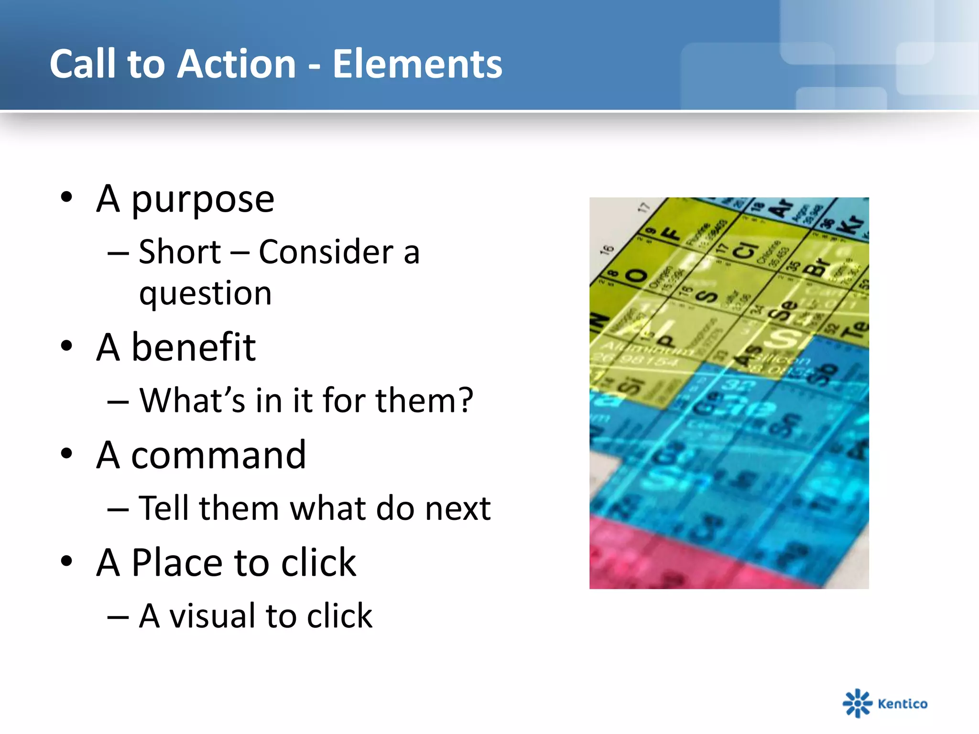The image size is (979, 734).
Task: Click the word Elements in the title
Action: (417, 64)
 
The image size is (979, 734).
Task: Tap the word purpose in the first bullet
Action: (203, 200)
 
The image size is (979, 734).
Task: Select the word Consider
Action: (326, 252)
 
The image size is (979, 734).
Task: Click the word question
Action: (205, 293)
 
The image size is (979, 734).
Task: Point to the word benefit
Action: (193, 347)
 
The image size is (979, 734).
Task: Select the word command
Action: (218, 455)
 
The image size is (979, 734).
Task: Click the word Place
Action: (176, 563)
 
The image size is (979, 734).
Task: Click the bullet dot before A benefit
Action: (66, 346)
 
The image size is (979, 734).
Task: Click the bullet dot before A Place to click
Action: (66, 561)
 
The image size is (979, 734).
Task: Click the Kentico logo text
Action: (903, 703)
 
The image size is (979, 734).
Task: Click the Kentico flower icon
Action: (857, 703)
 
